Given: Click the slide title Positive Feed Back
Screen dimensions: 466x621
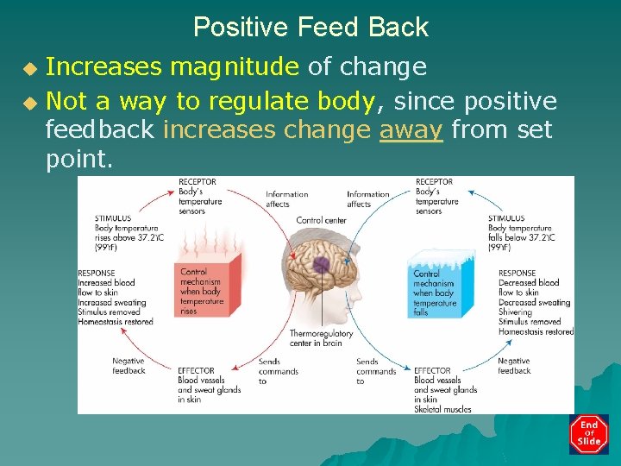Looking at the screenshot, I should point(310,27).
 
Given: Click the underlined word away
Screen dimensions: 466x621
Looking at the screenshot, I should point(411,130).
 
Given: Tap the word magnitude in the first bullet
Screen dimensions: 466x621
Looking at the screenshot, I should point(234,66).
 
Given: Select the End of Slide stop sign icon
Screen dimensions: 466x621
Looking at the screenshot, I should point(589,434).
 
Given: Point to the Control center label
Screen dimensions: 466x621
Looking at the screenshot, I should point(321,221).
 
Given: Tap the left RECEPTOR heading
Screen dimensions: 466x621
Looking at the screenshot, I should point(197,182).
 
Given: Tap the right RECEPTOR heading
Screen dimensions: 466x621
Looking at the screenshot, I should point(434,182).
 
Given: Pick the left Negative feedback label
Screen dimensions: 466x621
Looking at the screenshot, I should point(129,366).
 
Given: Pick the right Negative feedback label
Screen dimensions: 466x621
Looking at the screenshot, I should point(514,366).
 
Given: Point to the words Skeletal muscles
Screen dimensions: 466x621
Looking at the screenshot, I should point(442,409).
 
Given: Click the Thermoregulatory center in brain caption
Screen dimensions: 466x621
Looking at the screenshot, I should point(321,338).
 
